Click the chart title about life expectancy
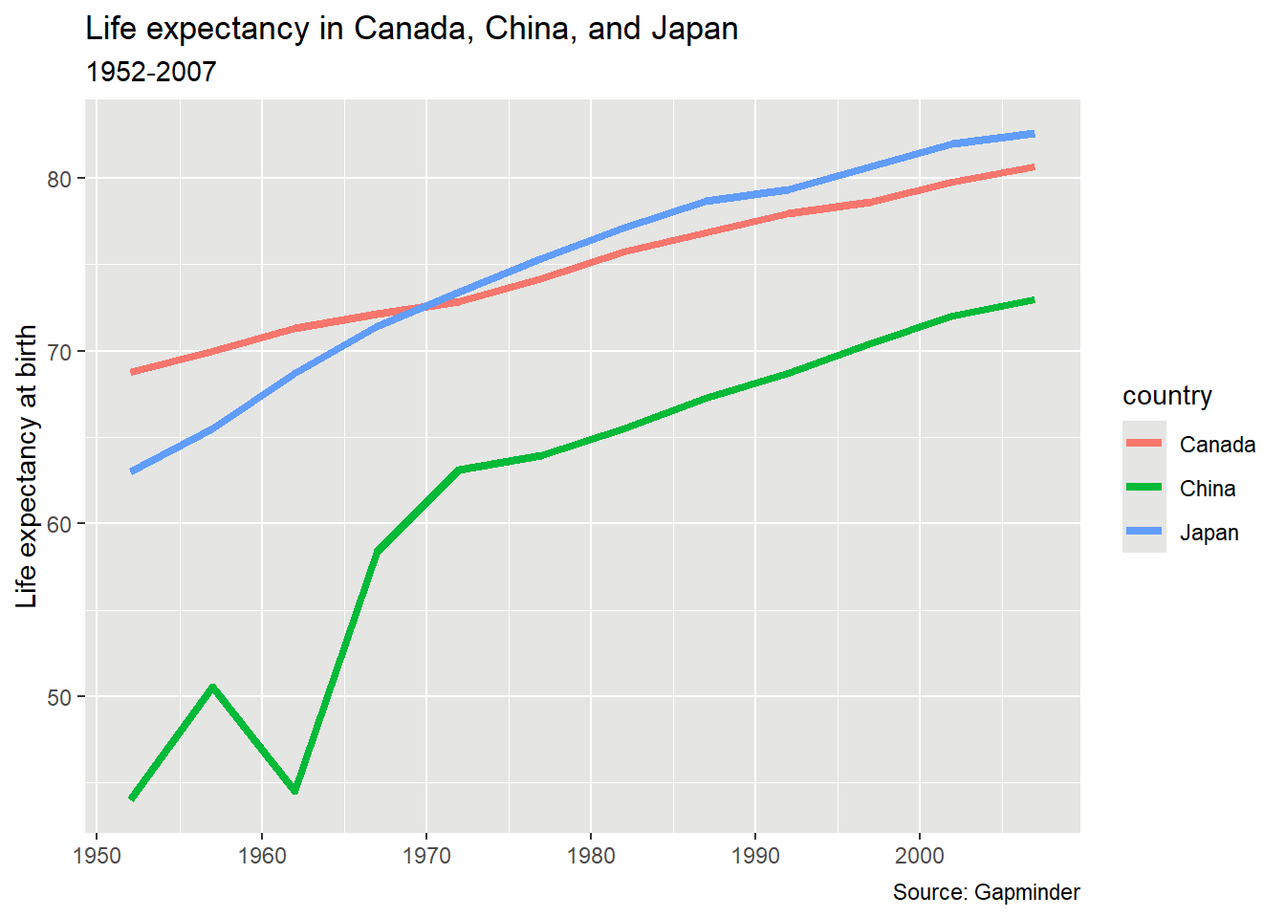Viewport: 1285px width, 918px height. pos(411,30)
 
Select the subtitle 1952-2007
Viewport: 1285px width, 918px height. pos(151,73)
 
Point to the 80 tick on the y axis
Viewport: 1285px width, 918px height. pos(60,179)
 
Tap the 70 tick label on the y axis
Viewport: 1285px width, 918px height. pos(60,352)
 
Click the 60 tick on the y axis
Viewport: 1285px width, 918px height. pos(60,524)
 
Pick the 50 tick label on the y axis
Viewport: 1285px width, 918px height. pos(60,697)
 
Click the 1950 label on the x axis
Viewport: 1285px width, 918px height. pos(98,855)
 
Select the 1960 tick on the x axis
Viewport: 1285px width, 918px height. pos(262,855)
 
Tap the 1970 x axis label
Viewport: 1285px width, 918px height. pos(426,855)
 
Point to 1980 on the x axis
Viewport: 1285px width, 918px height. pos(591,855)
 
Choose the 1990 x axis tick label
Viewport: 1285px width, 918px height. pos(755,855)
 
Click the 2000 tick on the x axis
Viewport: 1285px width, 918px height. pos(920,855)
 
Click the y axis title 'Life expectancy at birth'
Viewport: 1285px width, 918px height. pos(27,466)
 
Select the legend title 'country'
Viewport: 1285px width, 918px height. pos(1166,396)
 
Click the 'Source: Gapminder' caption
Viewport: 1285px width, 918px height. pos(986,892)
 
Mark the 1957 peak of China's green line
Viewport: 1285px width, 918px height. pos(212,687)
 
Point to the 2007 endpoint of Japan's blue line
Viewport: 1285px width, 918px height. pos(1033,134)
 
